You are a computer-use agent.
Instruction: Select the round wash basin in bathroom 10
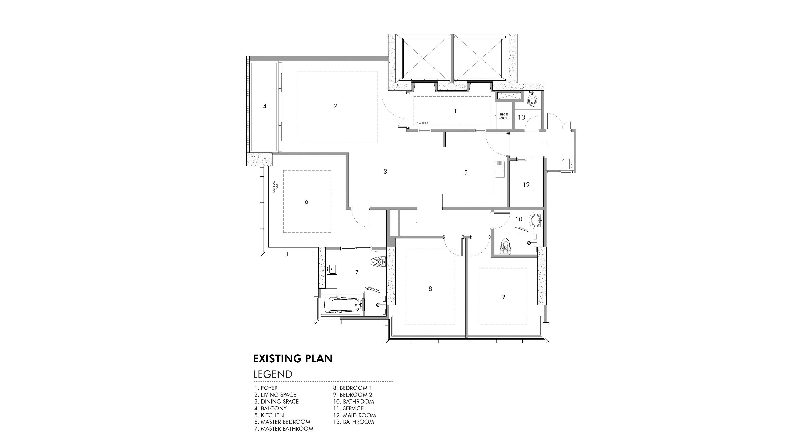pos(537,220)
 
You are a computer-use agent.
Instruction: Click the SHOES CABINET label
pos(504,116)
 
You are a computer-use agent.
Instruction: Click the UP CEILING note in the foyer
pos(422,123)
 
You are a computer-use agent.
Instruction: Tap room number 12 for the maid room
pos(526,185)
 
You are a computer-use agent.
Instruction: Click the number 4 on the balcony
pos(265,106)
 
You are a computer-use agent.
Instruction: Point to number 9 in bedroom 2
pos(503,297)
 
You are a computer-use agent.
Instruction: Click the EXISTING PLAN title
pos(293,359)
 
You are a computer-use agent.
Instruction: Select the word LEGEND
pos(273,374)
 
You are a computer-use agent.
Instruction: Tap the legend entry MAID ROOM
pos(359,415)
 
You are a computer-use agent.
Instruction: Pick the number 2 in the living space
pos(335,106)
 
